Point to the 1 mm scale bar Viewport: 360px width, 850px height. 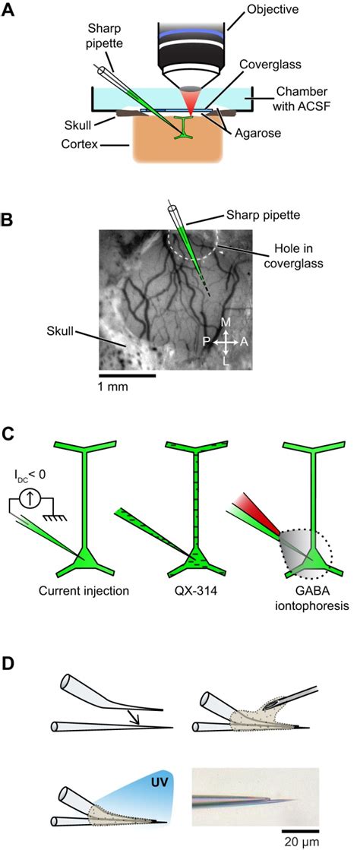[128, 375]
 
